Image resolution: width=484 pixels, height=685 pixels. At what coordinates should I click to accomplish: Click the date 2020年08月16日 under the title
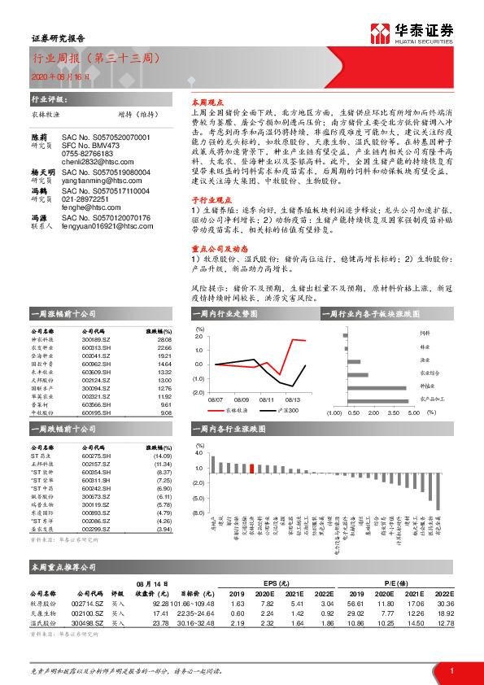pyautogui.click(x=61, y=76)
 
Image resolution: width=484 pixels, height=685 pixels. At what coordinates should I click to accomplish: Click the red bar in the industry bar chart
pyautogui.click(x=252, y=468)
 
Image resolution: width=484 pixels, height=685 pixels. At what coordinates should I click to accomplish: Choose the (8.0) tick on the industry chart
pyautogui.click(x=198, y=513)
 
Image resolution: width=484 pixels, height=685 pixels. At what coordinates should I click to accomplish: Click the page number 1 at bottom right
pyautogui.click(x=451, y=669)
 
